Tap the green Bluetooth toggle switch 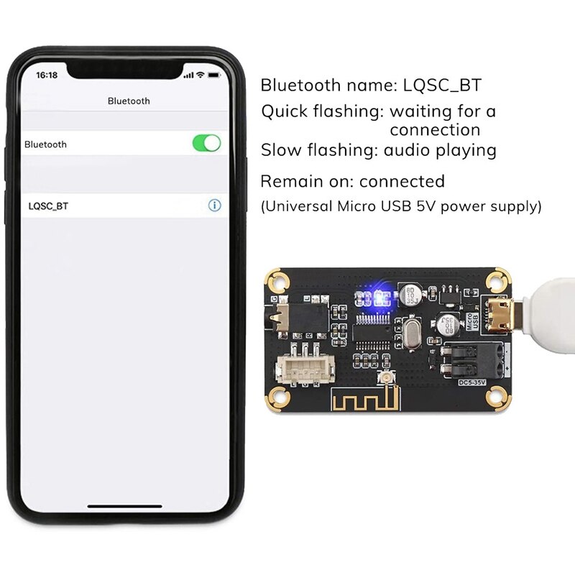click(x=206, y=144)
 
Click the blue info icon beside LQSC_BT click(x=214, y=206)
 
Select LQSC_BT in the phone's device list click(x=49, y=206)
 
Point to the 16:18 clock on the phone click(x=47, y=75)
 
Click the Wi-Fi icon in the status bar click(x=201, y=75)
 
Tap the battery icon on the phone click(x=214, y=75)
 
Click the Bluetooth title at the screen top click(x=129, y=101)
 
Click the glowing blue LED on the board click(x=374, y=296)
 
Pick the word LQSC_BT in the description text click(x=439, y=86)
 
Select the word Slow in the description click(x=280, y=150)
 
